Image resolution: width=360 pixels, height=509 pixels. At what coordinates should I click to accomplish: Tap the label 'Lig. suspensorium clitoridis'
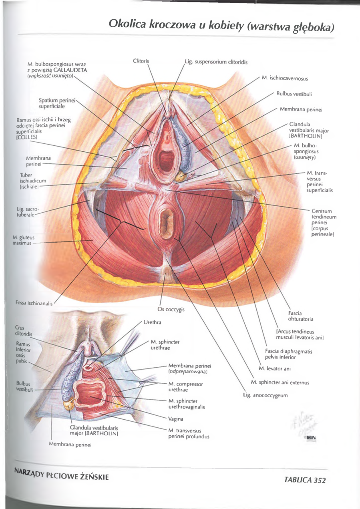pos(216,62)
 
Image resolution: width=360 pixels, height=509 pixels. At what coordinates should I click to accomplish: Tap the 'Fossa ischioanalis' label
pos(29,303)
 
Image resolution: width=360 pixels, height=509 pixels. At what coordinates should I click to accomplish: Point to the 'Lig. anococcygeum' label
pos(265,395)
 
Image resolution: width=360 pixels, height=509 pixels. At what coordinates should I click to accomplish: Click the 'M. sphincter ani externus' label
pos(280,382)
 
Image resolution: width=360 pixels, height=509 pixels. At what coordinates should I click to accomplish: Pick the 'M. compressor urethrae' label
pos(186,386)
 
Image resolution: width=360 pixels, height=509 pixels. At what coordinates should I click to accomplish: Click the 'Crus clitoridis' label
pos(24,330)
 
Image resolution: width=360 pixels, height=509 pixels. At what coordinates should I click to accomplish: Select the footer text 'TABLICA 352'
pos(305,480)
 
